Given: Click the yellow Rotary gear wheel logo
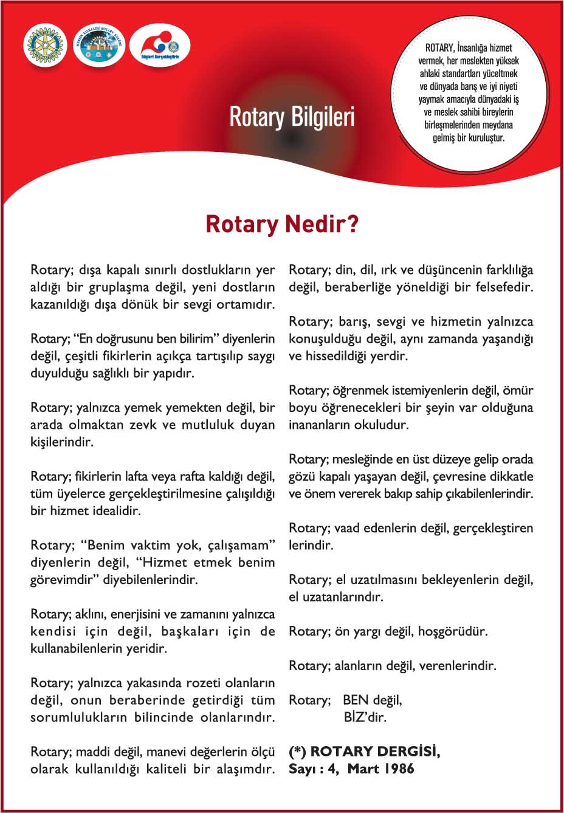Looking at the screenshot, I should point(44,46).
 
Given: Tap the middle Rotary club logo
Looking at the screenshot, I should point(98,46).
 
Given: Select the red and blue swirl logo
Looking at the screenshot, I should point(159,46).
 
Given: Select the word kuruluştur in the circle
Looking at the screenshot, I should point(483,138).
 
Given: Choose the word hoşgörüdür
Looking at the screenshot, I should point(453,631).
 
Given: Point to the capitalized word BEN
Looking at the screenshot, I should point(356,700).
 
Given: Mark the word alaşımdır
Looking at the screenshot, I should point(242,769).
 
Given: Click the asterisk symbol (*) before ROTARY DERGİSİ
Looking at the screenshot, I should point(298,752).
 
